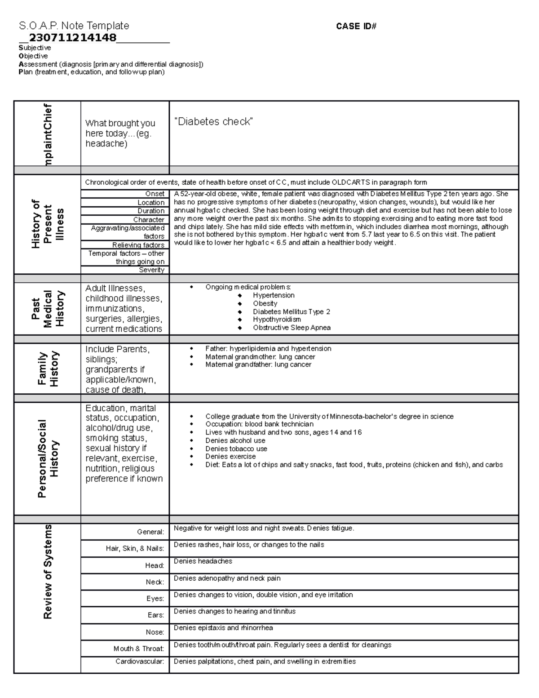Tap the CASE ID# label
pyautogui.click(x=356, y=27)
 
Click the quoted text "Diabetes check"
pyautogui.click(x=213, y=121)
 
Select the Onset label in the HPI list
pyautogui.click(x=155, y=194)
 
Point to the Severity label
pyautogui.click(x=152, y=270)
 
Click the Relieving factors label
pyautogui.click(x=138, y=245)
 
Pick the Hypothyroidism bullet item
pyautogui.click(x=277, y=320)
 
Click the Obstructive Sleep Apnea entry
pyautogui.click(x=292, y=328)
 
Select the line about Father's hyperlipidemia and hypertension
pyautogui.click(x=268, y=348)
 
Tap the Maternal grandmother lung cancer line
pyautogui.click(x=260, y=356)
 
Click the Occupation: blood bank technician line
pyautogui.click(x=259, y=424)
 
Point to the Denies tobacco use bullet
pyautogui.click(x=236, y=449)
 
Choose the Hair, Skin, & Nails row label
pyautogui.click(x=135, y=548)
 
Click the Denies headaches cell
pyautogui.click(x=203, y=561)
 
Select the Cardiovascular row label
pyautogui.click(x=140, y=661)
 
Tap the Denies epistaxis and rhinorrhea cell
pyautogui.click(x=223, y=628)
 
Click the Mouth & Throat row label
pyautogui.click(x=139, y=649)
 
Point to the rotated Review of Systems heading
pyautogui.click(x=48, y=572)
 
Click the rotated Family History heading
pyautogui.click(x=48, y=369)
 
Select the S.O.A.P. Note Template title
pyautogui.click(x=74, y=26)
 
